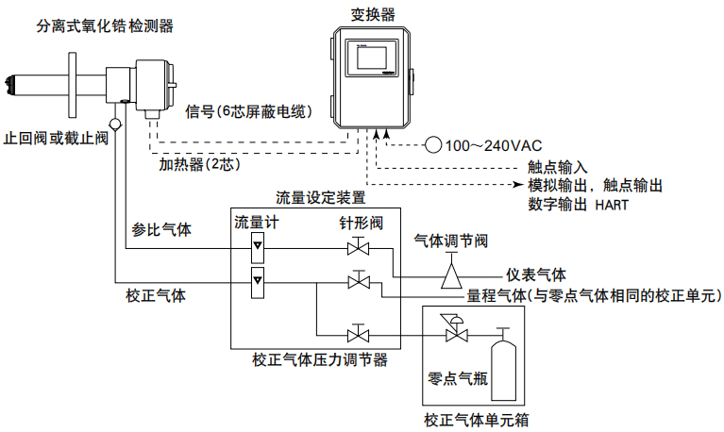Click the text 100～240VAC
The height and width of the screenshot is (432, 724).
(x=493, y=145)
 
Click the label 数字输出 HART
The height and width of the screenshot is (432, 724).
(x=578, y=203)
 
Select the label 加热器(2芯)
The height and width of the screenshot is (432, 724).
(x=201, y=163)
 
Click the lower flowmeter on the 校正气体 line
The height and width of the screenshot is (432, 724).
(x=256, y=282)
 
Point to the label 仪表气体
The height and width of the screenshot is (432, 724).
(x=535, y=274)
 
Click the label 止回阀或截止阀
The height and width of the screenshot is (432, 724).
(x=56, y=138)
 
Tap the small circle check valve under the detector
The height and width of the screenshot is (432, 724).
(x=115, y=123)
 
